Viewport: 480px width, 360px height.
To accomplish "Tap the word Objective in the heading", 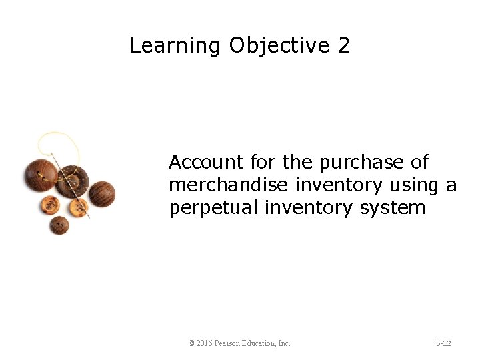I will tap(279, 45).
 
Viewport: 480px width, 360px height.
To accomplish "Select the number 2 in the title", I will tap(344, 45).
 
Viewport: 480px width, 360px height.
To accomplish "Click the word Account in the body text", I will tap(206, 162).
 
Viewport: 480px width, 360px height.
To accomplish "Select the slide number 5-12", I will tap(443, 343).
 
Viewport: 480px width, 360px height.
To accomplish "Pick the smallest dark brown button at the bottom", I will tap(59, 225).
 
